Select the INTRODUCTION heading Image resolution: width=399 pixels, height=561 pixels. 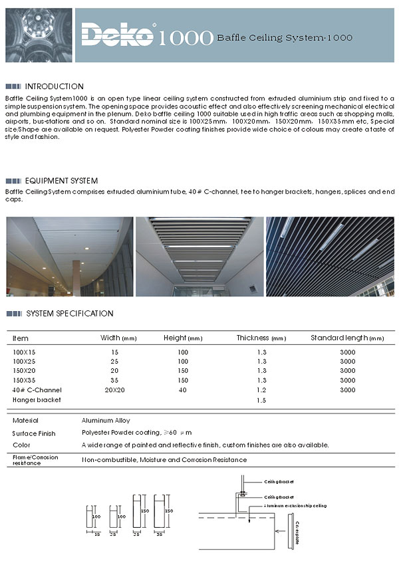pyautogui.click(x=54, y=86)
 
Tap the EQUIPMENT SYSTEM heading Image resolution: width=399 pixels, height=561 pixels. pyautogui.click(x=61, y=181)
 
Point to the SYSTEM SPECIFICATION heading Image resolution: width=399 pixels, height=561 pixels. pyautogui.click(x=69, y=314)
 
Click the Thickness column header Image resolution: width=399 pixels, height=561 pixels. pyautogui.click(x=261, y=338)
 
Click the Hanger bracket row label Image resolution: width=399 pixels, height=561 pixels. pyautogui.click(x=37, y=399)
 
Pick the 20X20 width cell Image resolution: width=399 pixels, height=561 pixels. pyautogui.click(x=114, y=390)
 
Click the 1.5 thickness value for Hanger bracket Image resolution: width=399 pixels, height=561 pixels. pyautogui.click(x=261, y=401)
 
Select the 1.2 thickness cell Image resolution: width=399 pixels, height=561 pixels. pyautogui.click(x=261, y=390)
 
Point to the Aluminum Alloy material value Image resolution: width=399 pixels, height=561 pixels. pyautogui.click(x=106, y=421)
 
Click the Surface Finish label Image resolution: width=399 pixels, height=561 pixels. pyautogui.click(x=33, y=433)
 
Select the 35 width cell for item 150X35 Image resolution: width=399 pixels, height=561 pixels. pyautogui.click(x=114, y=380)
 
